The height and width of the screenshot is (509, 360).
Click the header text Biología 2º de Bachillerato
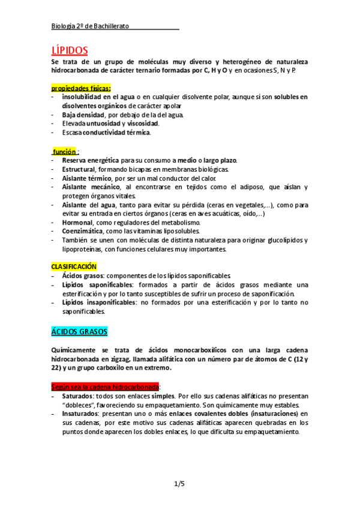(89, 26)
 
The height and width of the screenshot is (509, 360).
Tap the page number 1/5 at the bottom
(179, 484)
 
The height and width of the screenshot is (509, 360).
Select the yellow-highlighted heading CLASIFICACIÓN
(73, 266)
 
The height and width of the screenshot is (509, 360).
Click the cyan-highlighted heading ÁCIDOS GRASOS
(79, 331)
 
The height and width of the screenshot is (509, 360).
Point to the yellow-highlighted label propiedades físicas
(80, 88)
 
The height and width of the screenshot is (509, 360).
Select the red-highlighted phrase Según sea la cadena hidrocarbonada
(104, 387)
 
